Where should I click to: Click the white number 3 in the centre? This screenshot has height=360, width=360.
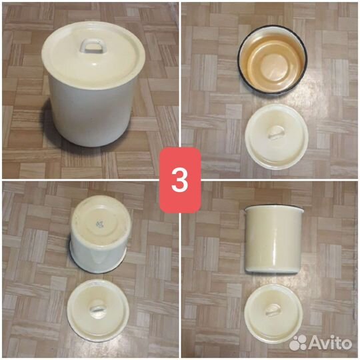[180, 181]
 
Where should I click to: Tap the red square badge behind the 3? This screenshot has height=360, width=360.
[180, 180]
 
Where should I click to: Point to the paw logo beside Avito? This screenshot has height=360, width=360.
[298, 343]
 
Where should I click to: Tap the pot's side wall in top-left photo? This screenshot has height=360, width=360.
[91, 115]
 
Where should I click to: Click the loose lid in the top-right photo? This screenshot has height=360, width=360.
[277, 137]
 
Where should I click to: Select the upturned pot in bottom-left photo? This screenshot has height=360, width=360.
[100, 234]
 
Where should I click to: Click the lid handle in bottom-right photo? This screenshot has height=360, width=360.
[274, 310]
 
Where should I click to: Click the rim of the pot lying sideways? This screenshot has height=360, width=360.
[274, 207]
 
